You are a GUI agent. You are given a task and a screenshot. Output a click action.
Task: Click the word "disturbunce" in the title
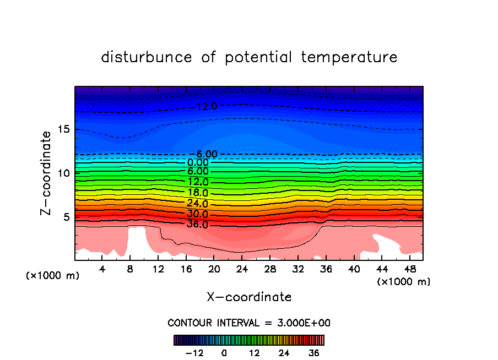coord(147,57)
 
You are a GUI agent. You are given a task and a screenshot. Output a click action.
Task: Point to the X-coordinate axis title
coord(249,297)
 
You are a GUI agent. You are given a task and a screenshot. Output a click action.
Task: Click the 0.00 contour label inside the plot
coord(198,162)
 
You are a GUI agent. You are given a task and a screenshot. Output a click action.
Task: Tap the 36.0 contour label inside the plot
coord(198,225)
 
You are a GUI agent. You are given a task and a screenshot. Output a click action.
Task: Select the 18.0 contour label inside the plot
coord(198,193)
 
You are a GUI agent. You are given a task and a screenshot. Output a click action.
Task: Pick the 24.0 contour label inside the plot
coord(198,203)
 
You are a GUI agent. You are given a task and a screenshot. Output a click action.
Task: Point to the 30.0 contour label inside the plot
coord(198,214)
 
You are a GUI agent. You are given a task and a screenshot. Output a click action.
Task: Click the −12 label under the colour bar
coord(194,353)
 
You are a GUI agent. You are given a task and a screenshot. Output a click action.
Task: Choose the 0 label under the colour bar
coord(224,353)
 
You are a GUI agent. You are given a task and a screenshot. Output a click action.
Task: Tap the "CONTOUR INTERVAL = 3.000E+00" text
coord(249,323)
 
